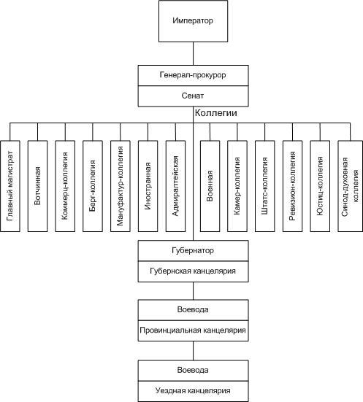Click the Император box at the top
(x=193, y=21)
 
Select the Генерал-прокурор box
(x=193, y=75)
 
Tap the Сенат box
(x=193, y=96)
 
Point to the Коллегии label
(x=216, y=113)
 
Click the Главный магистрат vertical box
(x=10, y=186)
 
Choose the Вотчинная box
(x=37, y=186)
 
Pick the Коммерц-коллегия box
(x=65, y=186)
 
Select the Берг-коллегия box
(x=93, y=186)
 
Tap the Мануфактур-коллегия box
(x=120, y=186)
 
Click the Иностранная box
(x=148, y=186)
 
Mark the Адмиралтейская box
(x=175, y=186)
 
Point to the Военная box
(x=210, y=186)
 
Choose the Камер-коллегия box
(x=237, y=186)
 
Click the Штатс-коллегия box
(x=265, y=186)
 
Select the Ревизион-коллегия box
(x=292, y=186)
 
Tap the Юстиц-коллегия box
(x=320, y=186)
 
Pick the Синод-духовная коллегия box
(x=350, y=186)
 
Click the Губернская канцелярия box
(x=193, y=271)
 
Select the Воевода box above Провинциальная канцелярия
(x=193, y=310)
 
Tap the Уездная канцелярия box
(x=193, y=391)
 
